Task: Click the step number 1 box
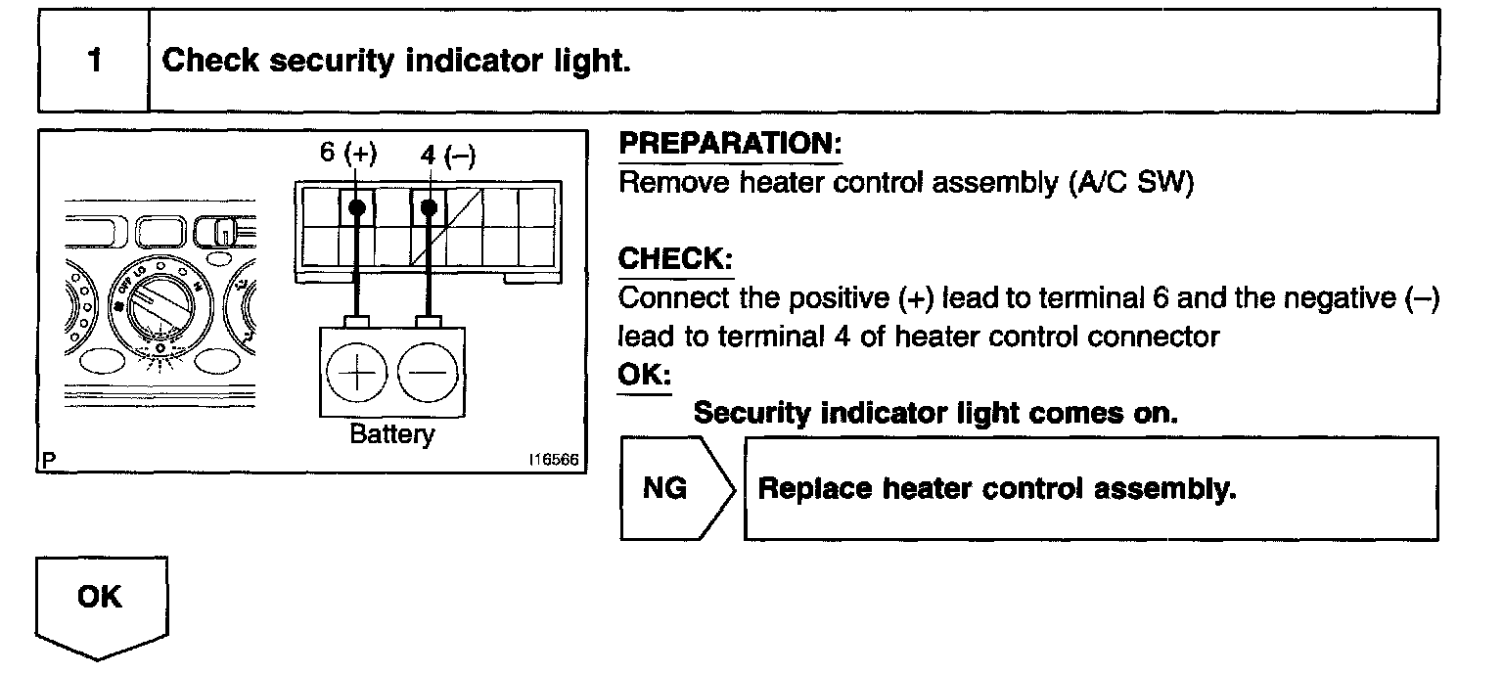[93, 61]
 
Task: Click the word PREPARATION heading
[731, 144]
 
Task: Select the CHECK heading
[676, 259]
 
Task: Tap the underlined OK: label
[644, 376]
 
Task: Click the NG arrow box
[675, 488]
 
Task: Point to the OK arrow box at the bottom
[101, 602]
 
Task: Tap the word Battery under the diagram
[391, 434]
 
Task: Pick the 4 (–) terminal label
[446, 155]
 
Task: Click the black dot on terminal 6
[356, 207]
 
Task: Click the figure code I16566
[554, 461]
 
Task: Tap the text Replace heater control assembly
[997, 488]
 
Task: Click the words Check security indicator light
[396, 61]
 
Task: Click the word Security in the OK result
[752, 413]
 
